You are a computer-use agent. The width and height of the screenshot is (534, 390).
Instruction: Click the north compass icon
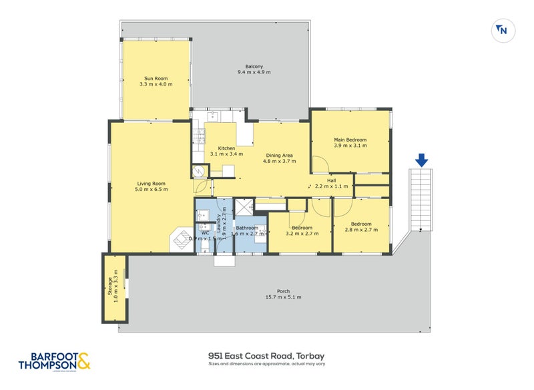tap(501, 29)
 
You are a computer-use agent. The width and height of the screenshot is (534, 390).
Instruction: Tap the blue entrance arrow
tap(421, 160)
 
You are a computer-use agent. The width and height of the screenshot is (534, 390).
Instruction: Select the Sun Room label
tap(156, 79)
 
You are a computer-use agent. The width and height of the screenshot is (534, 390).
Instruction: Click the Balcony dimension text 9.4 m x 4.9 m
tap(254, 72)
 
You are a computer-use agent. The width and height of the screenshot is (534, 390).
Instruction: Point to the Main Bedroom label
tap(350, 140)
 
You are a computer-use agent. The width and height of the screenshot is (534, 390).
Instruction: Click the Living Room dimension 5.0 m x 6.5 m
tap(152, 189)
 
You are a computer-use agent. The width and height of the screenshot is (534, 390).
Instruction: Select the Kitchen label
tap(227, 148)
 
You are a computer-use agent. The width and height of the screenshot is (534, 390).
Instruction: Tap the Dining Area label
tap(278, 156)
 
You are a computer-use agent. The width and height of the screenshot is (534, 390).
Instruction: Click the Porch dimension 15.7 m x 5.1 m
tap(283, 297)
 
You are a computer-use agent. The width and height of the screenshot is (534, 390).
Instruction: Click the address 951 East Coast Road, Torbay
tap(266, 356)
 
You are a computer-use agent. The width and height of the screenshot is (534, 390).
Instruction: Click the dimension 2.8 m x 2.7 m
tap(361, 229)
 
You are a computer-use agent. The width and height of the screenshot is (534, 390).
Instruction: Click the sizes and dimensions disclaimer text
tap(266, 365)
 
